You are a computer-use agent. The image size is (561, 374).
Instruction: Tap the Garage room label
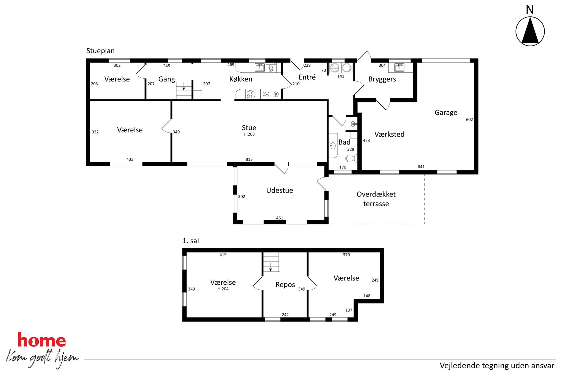click(446, 113)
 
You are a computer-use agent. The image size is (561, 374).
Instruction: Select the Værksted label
click(389, 134)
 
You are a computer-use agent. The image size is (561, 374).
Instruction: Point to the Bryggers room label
click(382, 79)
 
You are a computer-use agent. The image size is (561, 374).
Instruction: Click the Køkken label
click(241, 79)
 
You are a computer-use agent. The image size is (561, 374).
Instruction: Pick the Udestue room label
click(279, 190)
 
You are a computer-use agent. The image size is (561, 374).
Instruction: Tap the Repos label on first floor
click(285, 285)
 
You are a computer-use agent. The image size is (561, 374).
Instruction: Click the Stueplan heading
click(100, 51)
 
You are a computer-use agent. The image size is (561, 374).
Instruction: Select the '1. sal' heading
click(191, 241)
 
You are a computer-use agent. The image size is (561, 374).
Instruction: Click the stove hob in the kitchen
click(251, 94)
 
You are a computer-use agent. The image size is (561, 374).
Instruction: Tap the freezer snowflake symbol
click(276, 94)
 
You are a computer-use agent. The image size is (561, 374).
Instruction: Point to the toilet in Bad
click(351, 158)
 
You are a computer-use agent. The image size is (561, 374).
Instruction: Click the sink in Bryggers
click(399, 67)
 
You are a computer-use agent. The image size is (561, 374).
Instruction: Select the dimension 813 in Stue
click(249, 159)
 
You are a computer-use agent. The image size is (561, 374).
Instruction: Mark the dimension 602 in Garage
click(469, 120)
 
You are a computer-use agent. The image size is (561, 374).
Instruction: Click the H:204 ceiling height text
click(223, 289)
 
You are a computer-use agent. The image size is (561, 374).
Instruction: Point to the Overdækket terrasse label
click(376, 199)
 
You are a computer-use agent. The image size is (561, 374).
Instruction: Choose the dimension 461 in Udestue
click(279, 218)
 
